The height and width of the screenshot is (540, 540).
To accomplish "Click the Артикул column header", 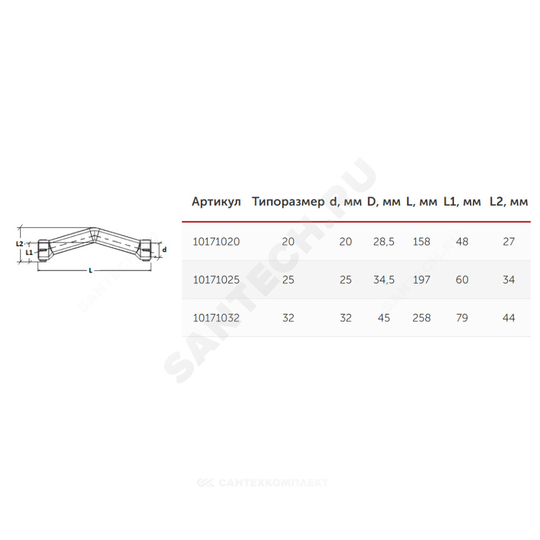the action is point(217,202).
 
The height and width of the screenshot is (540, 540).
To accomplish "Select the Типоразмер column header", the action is point(288,202).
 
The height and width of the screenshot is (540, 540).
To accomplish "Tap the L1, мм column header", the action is point(462,202).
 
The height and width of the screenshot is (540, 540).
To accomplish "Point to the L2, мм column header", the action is point(509,202).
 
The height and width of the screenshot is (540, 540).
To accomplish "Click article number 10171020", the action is point(217,242).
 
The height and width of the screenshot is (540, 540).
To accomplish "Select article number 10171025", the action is point(217,280).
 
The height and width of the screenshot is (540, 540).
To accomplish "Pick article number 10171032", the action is point(217,318).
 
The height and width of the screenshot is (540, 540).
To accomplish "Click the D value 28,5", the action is point(383,242).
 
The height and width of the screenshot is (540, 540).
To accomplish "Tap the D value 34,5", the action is point(383,280).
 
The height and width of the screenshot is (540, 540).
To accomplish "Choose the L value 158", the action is point(422,242).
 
